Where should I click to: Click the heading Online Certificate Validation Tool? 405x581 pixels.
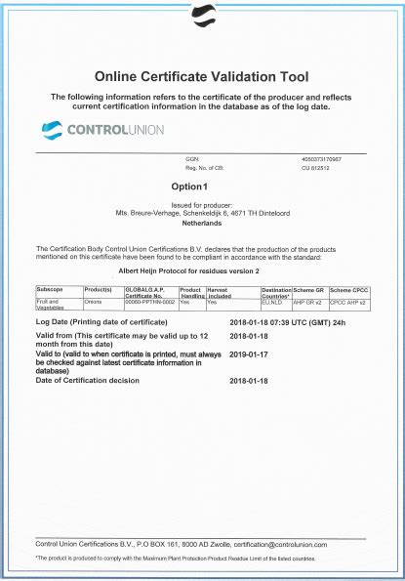point(202,76)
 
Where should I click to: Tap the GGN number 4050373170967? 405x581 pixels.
point(327,157)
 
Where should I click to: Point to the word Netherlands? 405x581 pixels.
point(202,223)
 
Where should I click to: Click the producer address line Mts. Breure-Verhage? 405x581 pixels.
point(202,212)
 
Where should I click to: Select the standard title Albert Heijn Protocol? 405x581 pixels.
point(202,269)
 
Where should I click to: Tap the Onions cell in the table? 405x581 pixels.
point(95,303)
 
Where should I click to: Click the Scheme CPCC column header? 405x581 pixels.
point(350,290)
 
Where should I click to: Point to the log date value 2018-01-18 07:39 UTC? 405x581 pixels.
point(285,321)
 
